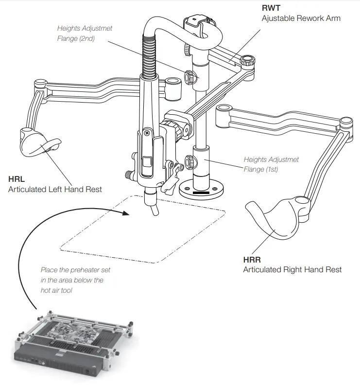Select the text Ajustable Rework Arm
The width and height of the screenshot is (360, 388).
[x=301, y=18]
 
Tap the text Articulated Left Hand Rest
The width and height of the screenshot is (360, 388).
[x=55, y=189]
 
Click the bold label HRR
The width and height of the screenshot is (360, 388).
[x=252, y=260]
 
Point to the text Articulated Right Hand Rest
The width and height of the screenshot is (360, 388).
[x=292, y=269]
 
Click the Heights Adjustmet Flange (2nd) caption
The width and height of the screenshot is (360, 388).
[x=85, y=34]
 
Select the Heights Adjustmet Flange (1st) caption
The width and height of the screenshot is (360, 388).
[x=271, y=164]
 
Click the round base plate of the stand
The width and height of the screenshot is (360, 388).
[x=201, y=189]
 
